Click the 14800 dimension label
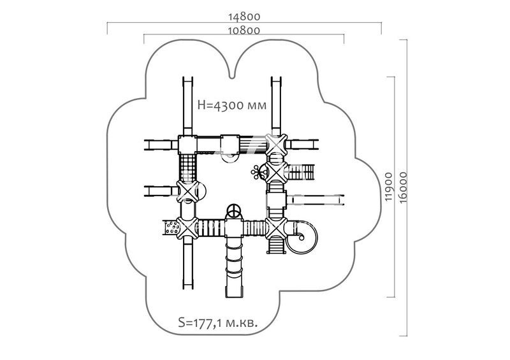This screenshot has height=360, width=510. click(x=244, y=17)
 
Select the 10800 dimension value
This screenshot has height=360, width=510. click(x=244, y=30)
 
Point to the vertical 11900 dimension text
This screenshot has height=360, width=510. click(x=389, y=185)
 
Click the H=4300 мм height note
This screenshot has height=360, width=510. click(x=231, y=105)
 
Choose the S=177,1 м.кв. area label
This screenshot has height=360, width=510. click(x=217, y=324)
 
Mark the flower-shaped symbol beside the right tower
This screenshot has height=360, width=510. click(x=257, y=170)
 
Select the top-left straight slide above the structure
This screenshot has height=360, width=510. click(x=188, y=105)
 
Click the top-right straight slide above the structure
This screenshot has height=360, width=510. click(x=276, y=105)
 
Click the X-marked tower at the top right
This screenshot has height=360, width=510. click(x=276, y=144)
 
